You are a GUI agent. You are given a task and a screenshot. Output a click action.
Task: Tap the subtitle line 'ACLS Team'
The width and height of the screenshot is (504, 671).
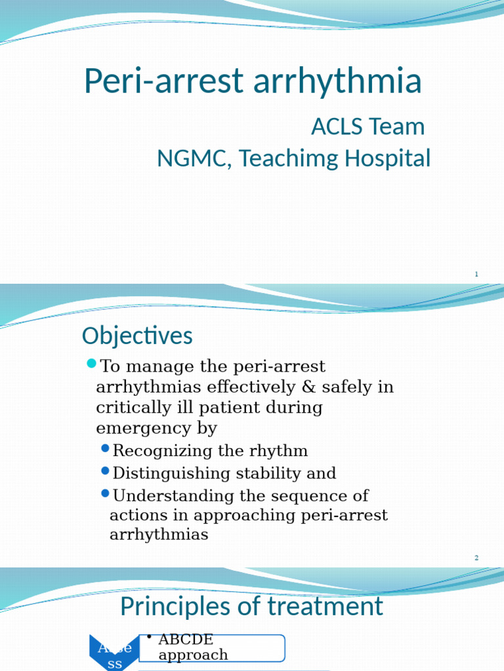(x=367, y=126)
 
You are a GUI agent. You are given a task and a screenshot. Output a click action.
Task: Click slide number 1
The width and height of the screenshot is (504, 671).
(x=476, y=274)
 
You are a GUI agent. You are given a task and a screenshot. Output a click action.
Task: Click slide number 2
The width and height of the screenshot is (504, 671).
(x=476, y=558)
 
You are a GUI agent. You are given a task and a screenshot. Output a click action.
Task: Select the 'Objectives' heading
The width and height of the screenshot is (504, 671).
(x=137, y=336)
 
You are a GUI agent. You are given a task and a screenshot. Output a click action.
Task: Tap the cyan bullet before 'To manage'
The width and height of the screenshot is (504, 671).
(x=91, y=364)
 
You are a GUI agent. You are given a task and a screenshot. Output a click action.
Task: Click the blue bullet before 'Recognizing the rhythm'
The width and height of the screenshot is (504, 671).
(x=106, y=449)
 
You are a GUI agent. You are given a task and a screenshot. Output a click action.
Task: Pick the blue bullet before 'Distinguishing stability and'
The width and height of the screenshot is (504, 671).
(x=106, y=471)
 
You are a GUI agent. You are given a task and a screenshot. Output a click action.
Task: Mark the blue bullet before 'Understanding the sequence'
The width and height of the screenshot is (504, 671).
(x=106, y=493)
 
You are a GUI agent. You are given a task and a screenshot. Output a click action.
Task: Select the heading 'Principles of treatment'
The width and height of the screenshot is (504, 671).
(x=251, y=606)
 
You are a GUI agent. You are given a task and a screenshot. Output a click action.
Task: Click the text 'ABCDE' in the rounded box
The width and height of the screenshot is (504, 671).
(x=186, y=639)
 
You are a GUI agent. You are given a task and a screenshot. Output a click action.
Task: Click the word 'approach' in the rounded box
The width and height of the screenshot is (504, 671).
(x=193, y=655)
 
